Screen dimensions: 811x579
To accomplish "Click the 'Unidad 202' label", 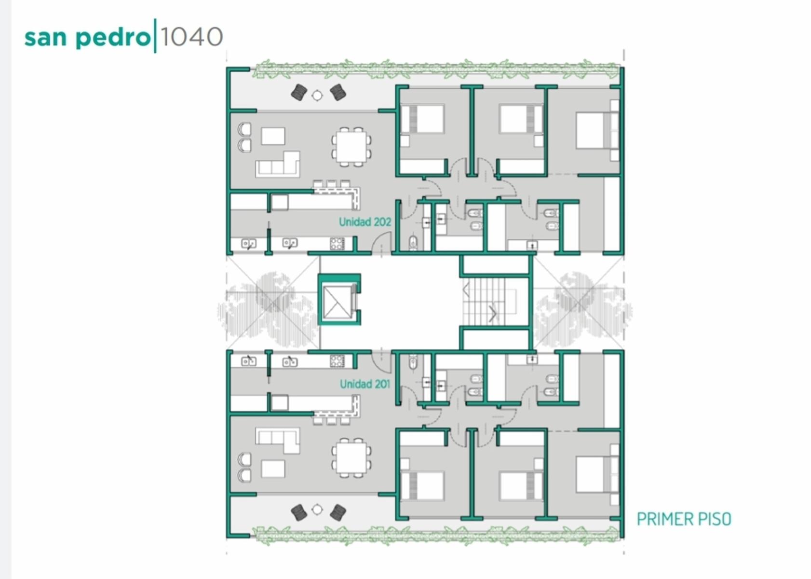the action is [x=365, y=222].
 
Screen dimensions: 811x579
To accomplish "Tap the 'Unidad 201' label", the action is [x=365, y=384].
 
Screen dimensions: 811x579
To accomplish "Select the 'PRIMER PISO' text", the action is [x=684, y=519].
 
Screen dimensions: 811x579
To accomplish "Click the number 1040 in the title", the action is [x=191, y=37].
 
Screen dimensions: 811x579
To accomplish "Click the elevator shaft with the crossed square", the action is [x=339, y=299].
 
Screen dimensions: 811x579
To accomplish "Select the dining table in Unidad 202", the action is [x=351, y=147].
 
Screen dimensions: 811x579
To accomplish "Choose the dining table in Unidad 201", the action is [x=351, y=457].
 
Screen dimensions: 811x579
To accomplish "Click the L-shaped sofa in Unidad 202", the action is [x=278, y=165].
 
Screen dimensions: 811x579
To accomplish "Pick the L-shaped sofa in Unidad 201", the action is [x=278, y=440].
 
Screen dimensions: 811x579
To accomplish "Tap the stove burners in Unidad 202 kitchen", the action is [x=337, y=244].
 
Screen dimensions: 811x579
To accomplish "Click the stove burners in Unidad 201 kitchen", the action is [x=337, y=361].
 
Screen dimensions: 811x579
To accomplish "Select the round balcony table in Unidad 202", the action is [x=317, y=95].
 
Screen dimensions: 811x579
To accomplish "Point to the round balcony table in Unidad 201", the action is [x=317, y=510].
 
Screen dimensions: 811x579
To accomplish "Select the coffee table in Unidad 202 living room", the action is [x=273, y=136].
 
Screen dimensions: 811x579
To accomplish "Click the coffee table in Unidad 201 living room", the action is [x=273, y=469].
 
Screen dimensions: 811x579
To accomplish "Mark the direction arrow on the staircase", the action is [x=493, y=314].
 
